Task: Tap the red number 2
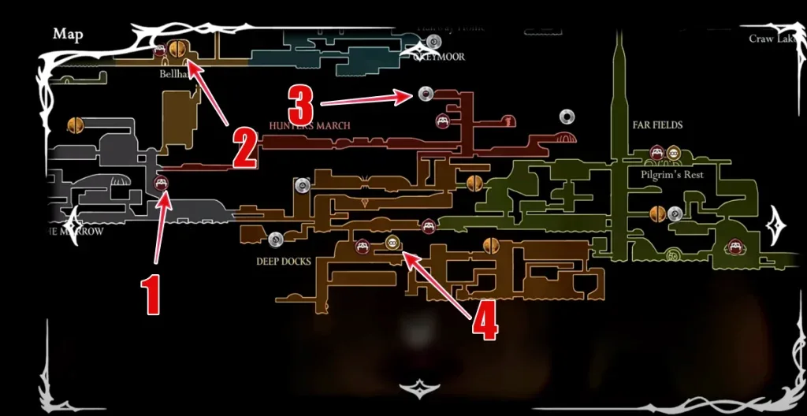click(x=244, y=149)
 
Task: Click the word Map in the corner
click(x=68, y=34)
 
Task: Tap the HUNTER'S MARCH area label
click(x=309, y=125)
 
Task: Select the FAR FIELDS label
click(x=657, y=125)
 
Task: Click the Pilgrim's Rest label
click(x=671, y=174)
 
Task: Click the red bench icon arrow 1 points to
click(x=162, y=184)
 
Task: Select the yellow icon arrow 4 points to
click(x=392, y=243)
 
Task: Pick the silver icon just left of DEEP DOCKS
click(x=275, y=239)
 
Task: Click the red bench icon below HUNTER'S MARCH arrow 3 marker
click(x=443, y=121)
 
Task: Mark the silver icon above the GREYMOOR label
click(x=432, y=41)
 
